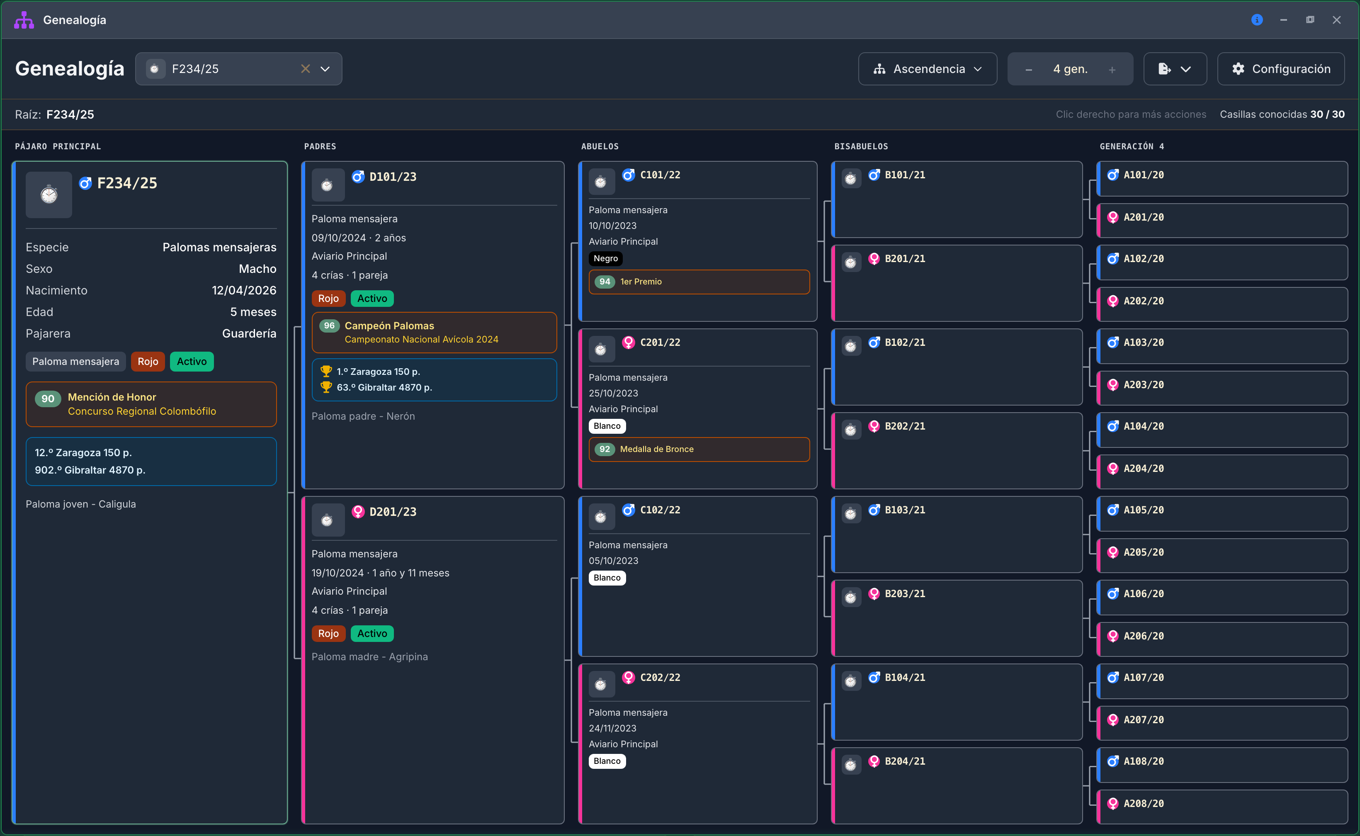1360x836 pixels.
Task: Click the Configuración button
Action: [x=1280, y=69]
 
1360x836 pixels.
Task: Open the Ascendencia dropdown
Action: [x=927, y=69]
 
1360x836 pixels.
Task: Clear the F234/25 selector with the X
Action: [x=305, y=69]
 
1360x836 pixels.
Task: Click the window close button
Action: [x=1337, y=20]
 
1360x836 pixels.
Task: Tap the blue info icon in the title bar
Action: [x=1257, y=20]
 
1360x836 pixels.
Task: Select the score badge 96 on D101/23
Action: [x=330, y=326]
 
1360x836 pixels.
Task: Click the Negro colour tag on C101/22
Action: [x=606, y=258]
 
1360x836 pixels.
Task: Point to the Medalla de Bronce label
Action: [x=657, y=449]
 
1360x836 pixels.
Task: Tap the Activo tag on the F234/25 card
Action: [x=192, y=362]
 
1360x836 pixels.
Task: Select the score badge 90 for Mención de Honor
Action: [x=48, y=399]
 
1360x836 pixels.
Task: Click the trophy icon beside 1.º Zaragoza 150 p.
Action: [x=326, y=372]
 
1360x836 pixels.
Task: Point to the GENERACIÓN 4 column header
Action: [x=1132, y=146]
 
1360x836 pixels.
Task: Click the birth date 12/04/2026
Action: [x=244, y=290]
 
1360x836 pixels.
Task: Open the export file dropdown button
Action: [x=1175, y=69]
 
